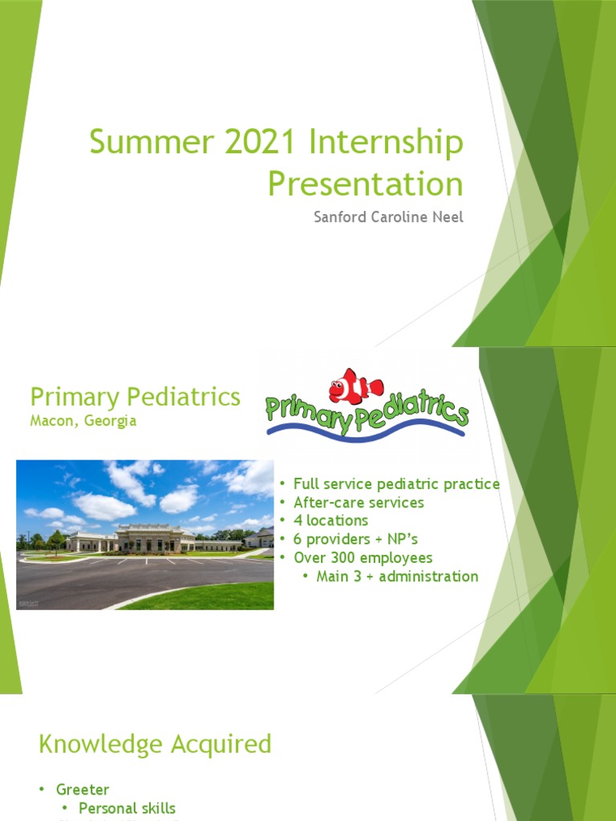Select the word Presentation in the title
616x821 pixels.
365,184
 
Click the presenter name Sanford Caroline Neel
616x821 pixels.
388,217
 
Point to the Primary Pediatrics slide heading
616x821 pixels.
135,396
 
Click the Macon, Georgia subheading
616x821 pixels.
83,421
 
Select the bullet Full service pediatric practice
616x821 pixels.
396,484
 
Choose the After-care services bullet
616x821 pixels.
359,503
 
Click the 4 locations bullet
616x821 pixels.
330,520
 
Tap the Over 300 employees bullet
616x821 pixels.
363,557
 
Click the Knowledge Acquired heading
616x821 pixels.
155,744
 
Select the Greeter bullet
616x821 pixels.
82,791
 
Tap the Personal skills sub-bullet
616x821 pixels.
127,808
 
